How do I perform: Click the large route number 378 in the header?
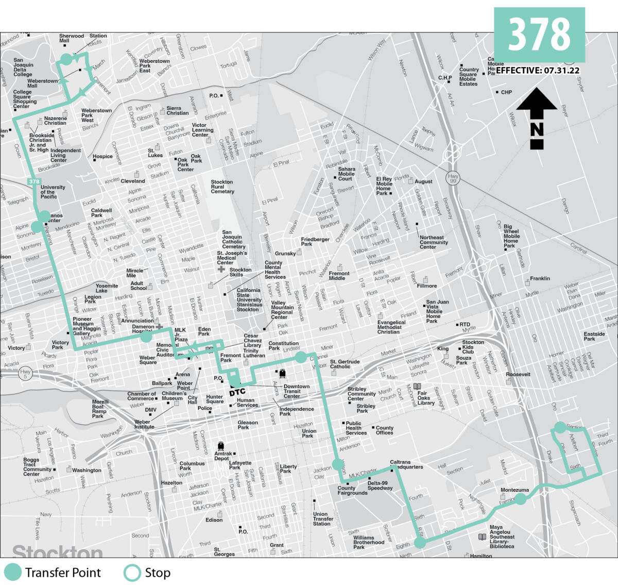pos(539,35)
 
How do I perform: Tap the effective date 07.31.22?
pos(561,71)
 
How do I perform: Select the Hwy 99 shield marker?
pos(453,177)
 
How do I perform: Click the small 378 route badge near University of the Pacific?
pos(34,181)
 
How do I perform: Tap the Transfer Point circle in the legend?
pos(13,573)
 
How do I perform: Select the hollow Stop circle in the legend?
pos(132,573)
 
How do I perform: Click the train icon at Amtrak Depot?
pos(221,446)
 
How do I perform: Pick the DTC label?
pos(237,392)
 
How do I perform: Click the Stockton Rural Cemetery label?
pos(222,187)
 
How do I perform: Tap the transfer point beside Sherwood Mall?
pos(66,59)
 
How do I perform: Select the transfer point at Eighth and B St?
pos(420,542)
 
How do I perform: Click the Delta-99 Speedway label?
pos(380,486)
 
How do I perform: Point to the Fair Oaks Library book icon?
pos(417,387)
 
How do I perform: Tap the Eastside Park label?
pos(594,337)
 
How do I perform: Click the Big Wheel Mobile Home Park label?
pos(511,236)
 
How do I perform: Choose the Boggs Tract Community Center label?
pos(37,466)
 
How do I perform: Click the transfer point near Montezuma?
pos(521,499)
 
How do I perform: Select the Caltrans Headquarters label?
pos(406,464)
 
